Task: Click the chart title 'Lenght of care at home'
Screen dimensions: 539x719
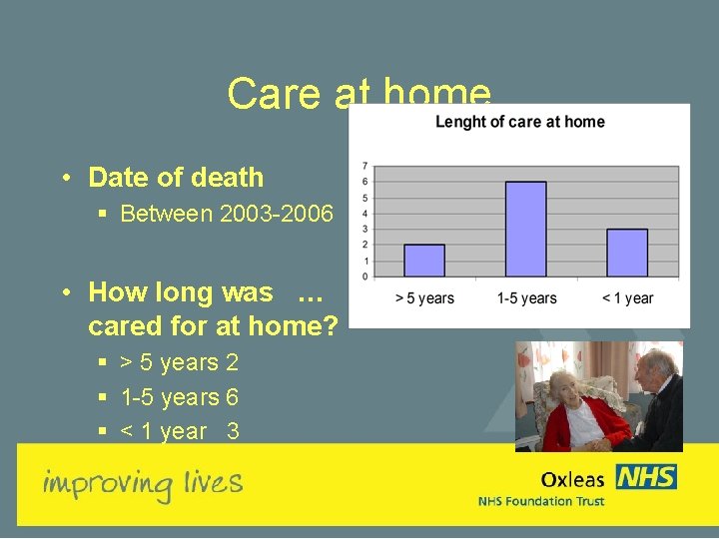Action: pyautogui.click(x=519, y=122)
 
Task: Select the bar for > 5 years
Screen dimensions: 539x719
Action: pyautogui.click(x=424, y=261)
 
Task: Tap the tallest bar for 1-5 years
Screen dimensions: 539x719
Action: pyautogui.click(x=525, y=229)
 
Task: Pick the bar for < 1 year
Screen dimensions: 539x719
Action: pyautogui.click(x=627, y=253)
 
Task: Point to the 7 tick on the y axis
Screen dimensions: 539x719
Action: pyautogui.click(x=365, y=166)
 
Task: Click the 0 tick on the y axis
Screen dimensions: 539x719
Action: pyautogui.click(x=365, y=275)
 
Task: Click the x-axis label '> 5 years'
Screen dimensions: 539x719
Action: pyautogui.click(x=424, y=297)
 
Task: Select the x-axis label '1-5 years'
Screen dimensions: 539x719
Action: pyautogui.click(x=526, y=297)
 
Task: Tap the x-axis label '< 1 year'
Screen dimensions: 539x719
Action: pyautogui.click(x=627, y=297)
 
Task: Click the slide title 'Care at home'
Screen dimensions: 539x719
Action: pyautogui.click(x=359, y=94)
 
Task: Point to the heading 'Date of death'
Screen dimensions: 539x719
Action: pyautogui.click(x=176, y=178)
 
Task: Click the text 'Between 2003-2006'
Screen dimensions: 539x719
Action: pyautogui.click(x=227, y=213)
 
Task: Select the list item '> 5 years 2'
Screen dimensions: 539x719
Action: pyautogui.click(x=180, y=363)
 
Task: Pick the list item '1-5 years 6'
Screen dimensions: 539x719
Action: pyautogui.click(x=180, y=397)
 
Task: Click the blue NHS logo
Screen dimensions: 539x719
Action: pyautogui.click(x=646, y=477)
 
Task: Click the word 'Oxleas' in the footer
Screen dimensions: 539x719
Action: pyautogui.click(x=573, y=480)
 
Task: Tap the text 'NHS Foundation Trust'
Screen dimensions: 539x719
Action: pyautogui.click(x=541, y=501)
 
